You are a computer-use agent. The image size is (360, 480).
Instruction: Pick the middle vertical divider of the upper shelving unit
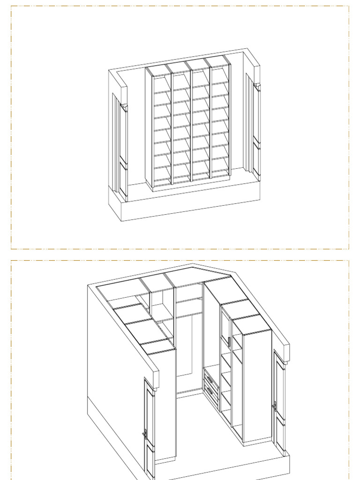(191, 122)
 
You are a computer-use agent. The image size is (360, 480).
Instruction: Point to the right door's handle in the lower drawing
(275, 406)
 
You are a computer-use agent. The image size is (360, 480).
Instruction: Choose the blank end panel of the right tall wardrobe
(257, 384)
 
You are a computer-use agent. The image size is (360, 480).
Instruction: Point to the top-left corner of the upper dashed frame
(11, 6)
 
